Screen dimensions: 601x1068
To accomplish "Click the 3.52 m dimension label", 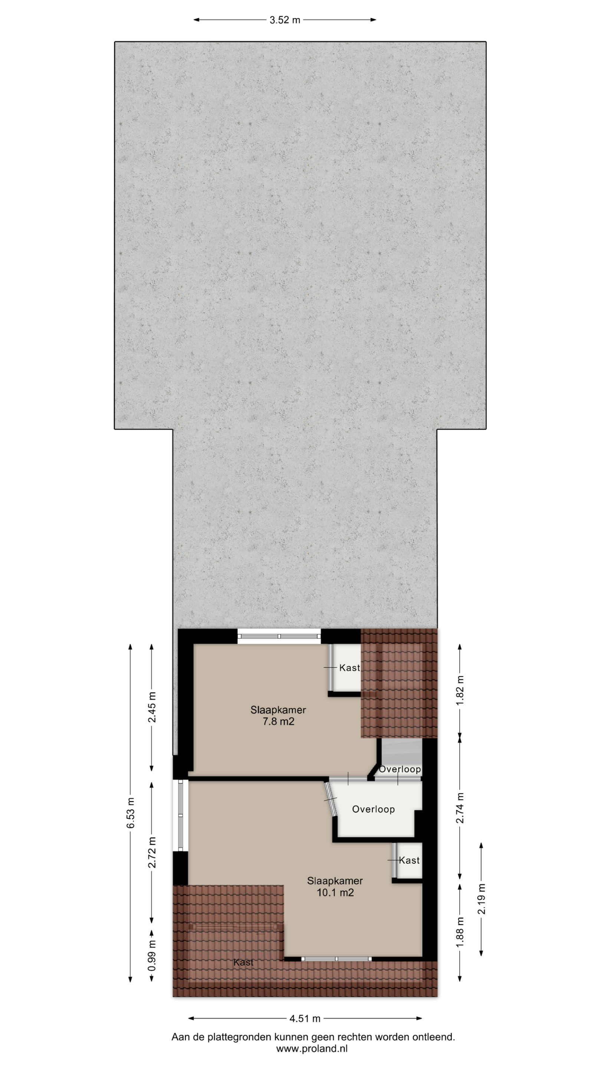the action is click(285, 20).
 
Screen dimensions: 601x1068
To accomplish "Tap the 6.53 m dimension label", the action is click(131, 812).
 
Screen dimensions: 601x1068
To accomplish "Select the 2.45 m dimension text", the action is click(152, 707).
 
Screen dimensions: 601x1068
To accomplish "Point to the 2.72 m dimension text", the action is click(152, 852).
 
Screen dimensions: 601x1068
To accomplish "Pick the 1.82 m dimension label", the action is click(460, 690).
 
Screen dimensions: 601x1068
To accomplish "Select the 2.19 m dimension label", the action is click(482, 899).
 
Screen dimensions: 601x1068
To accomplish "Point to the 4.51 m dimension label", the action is click(305, 1018).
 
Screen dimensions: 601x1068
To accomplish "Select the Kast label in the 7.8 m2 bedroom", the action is click(349, 668).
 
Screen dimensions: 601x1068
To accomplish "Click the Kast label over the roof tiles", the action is click(243, 962).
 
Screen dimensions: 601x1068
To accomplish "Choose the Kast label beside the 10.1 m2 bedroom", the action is click(409, 860).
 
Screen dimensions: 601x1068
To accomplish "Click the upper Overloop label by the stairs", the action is click(400, 769).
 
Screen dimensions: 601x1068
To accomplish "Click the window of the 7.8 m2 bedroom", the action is click(279, 636).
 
